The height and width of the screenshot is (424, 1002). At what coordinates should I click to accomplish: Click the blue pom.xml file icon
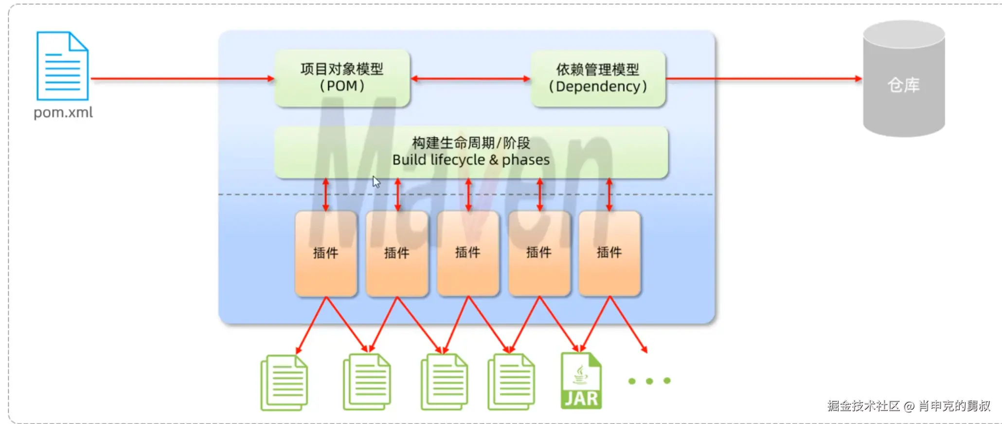(62, 66)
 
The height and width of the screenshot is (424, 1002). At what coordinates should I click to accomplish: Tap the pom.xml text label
(63, 113)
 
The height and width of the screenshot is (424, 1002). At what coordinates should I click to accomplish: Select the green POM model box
(342, 78)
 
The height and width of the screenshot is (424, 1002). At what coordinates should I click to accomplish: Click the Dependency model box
(598, 78)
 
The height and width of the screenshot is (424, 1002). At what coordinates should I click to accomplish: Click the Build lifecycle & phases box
(471, 152)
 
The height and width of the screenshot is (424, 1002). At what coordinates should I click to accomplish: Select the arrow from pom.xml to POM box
(182, 78)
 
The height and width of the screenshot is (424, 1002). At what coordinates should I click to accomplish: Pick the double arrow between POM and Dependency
(470, 78)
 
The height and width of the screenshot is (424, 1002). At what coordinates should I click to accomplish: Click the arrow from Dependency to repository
(764, 78)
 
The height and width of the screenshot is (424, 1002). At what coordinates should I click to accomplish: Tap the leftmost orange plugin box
(326, 253)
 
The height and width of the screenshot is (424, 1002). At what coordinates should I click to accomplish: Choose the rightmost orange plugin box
(609, 253)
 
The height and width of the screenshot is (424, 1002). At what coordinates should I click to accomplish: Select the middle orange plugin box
(468, 253)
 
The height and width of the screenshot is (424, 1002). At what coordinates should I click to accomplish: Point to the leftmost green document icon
(284, 382)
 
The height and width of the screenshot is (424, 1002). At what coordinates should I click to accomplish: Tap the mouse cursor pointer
(376, 182)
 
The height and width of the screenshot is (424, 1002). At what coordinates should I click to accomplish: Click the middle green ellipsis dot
(649, 381)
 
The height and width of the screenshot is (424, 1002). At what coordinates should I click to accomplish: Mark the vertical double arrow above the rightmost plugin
(609, 194)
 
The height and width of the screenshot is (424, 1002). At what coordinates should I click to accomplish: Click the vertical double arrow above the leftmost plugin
(326, 194)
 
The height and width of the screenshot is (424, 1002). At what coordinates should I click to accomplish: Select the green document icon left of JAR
(511, 382)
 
